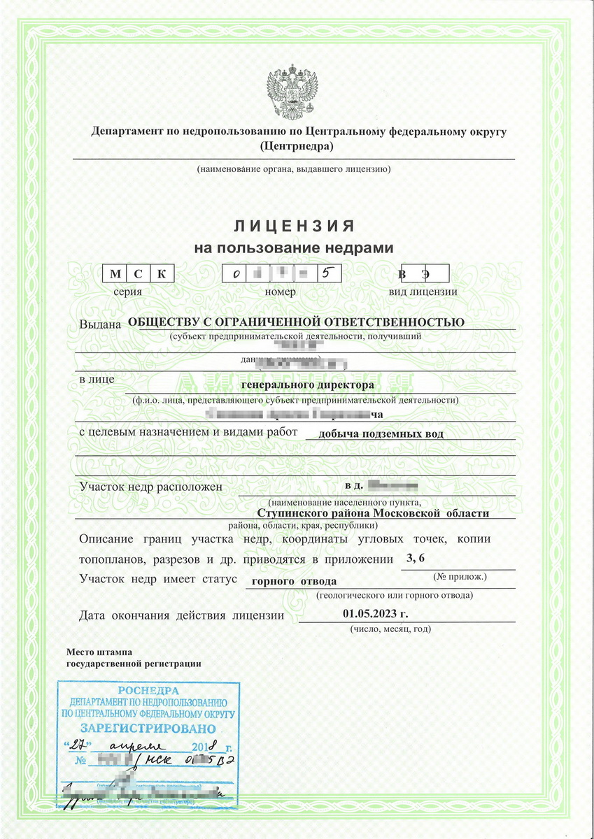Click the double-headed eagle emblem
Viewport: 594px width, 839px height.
(x=293, y=92)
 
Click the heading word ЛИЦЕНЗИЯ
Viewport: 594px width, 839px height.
(x=293, y=226)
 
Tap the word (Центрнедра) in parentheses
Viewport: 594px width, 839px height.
(x=296, y=146)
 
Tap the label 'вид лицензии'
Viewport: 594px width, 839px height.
(x=423, y=292)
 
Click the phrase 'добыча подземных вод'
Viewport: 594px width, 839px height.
(x=380, y=433)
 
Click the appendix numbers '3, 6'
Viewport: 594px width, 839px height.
(x=416, y=558)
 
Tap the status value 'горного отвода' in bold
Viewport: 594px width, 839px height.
(x=293, y=581)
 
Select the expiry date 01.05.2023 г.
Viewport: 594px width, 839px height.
(x=375, y=614)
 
